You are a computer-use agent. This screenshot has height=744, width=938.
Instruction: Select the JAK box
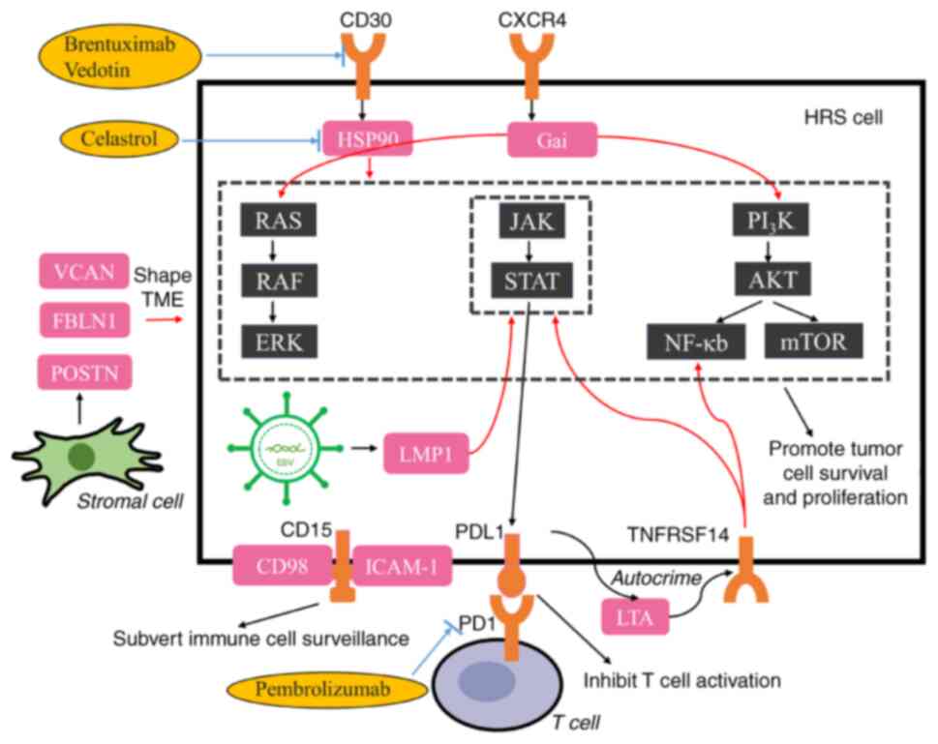click(530, 222)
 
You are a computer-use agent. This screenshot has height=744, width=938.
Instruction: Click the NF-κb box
click(695, 341)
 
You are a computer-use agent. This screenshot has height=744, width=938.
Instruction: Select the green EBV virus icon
click(285, 450)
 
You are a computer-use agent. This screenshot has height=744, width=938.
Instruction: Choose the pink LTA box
click(634, 617)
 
